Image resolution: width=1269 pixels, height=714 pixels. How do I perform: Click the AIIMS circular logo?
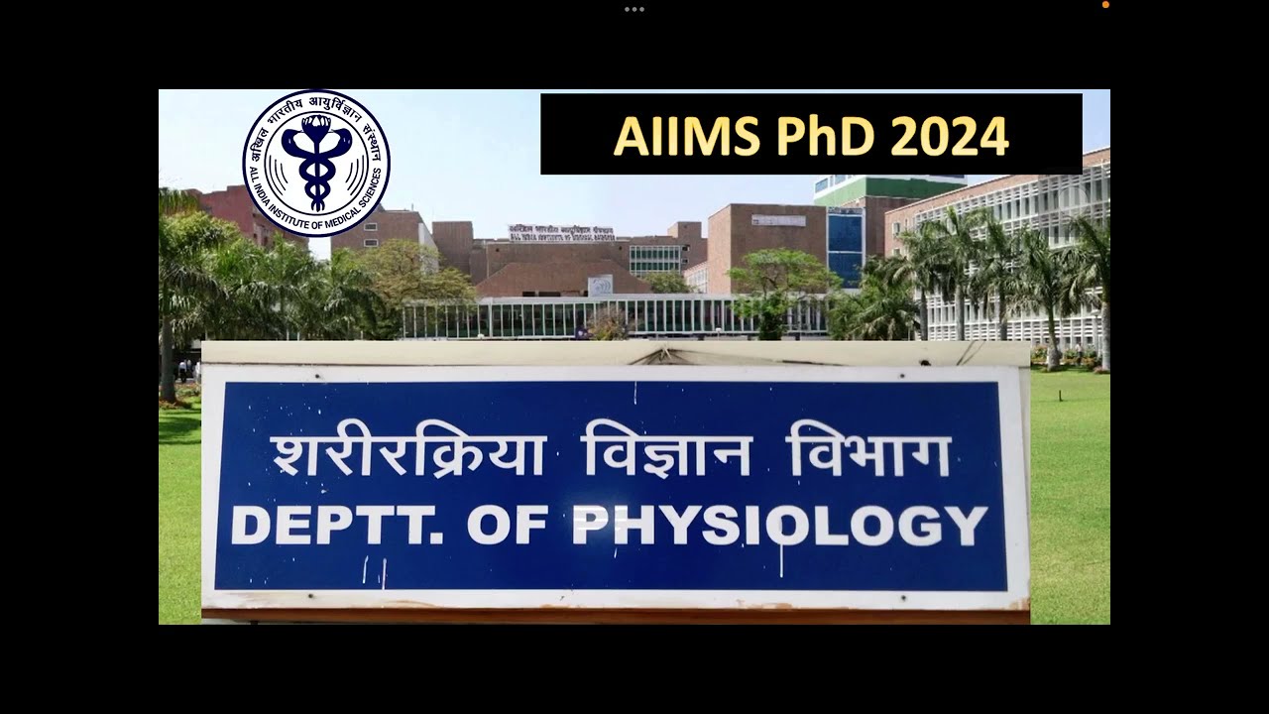[x=316, y=164]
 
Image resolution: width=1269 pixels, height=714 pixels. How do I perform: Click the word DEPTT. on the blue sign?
[x=337, y=526]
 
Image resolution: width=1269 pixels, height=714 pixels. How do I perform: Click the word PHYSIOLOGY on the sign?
[x=779, y=526]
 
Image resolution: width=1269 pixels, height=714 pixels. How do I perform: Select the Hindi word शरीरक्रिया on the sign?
[x=407, y=455]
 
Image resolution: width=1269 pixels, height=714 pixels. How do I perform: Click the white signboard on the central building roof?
[x=561, y=232]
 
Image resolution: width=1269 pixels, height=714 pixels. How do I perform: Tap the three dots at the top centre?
[x=634, y=9]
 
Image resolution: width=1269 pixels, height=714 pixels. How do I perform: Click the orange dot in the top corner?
[x=1105, y=5]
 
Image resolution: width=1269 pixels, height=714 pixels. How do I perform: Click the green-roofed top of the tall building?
[x=889, y=187]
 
